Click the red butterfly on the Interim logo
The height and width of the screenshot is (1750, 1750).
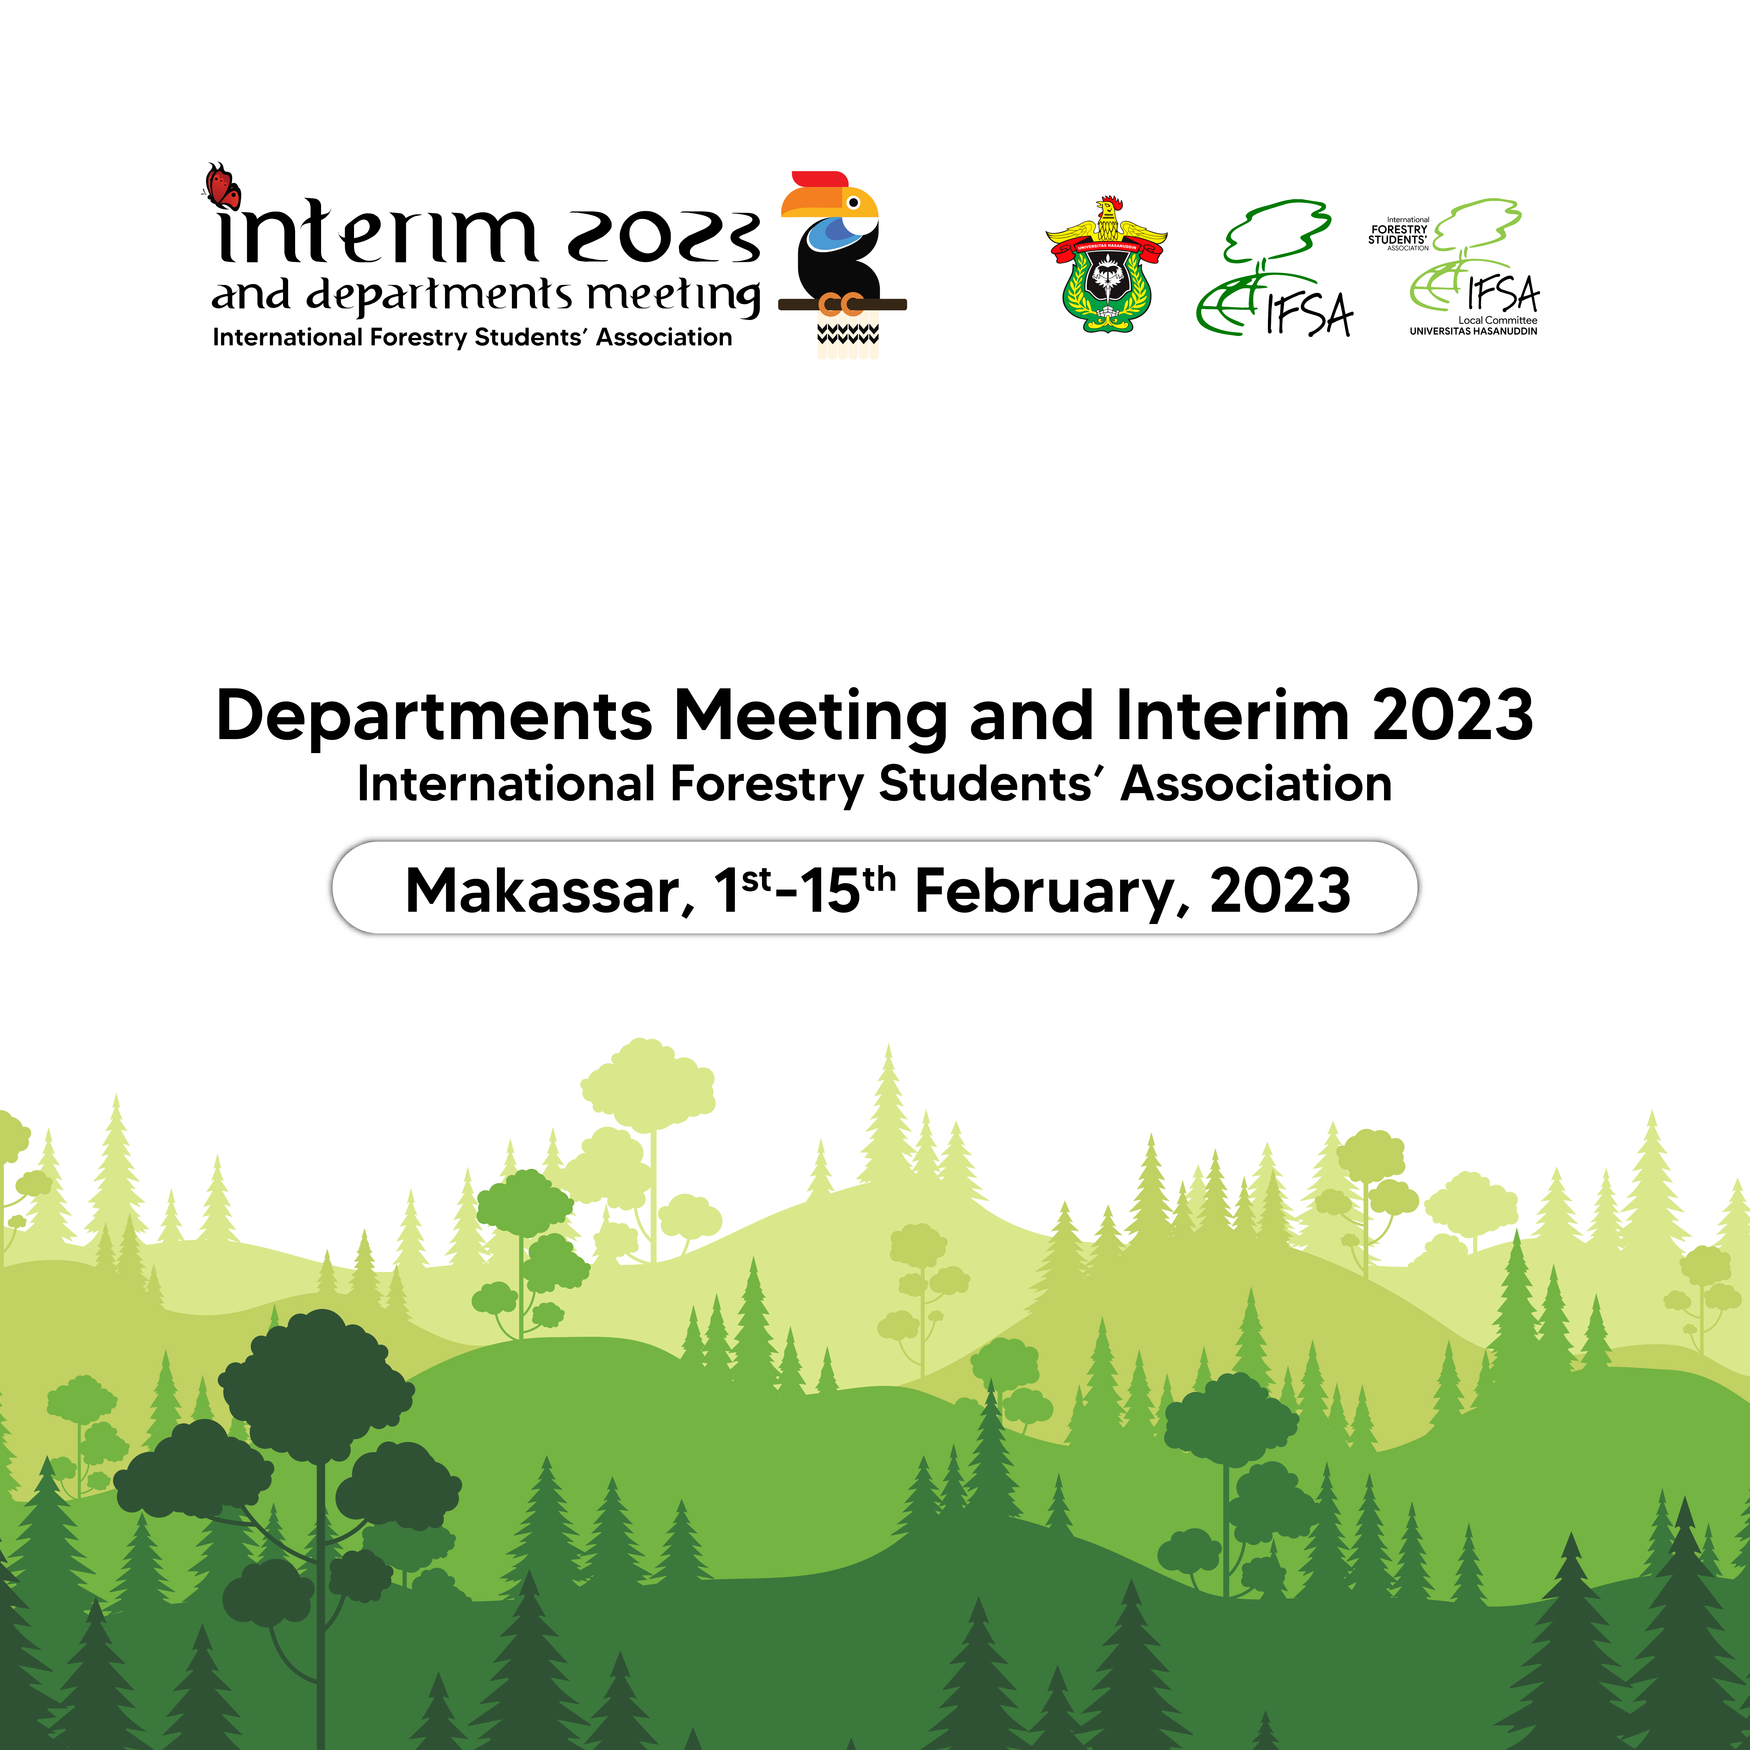click(x=222, y=186)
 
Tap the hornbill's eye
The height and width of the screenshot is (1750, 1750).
click(x=852, y=202)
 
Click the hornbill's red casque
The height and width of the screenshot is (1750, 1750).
click(x=820, y=179)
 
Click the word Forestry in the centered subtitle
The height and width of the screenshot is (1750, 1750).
click(x=767, y=784)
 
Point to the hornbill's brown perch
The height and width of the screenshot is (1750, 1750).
click(x=842, y=304)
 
